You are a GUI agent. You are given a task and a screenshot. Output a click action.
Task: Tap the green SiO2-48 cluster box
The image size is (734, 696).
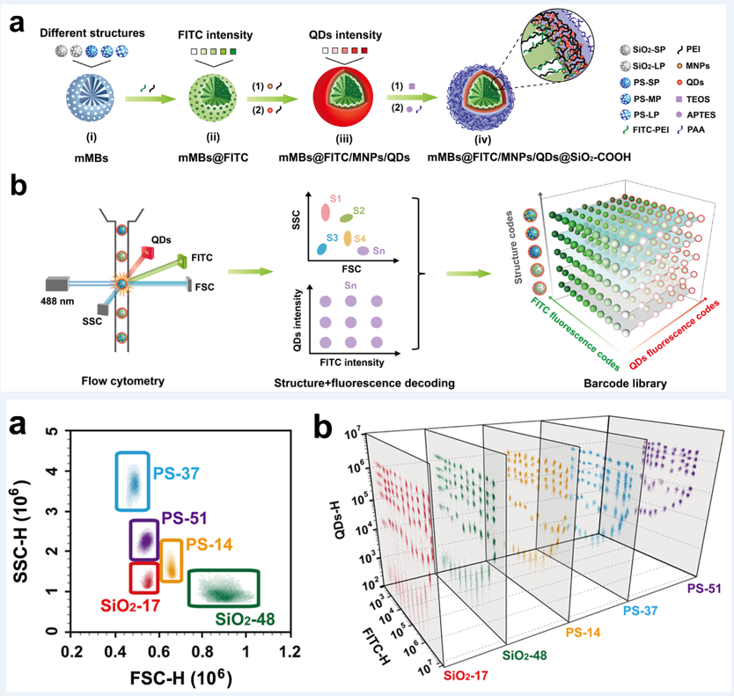coord(223,589)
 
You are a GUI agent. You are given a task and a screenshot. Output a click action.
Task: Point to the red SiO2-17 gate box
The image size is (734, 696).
coord(143,579)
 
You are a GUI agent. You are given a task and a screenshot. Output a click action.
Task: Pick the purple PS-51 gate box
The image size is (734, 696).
coord(143,539)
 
